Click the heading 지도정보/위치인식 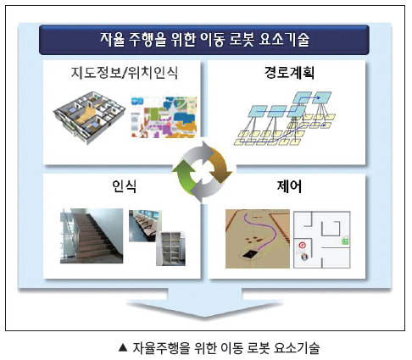[125, 73]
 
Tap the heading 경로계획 [289, 73]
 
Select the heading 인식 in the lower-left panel [124, 186]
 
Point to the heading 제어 [289, 186]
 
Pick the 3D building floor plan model [89, 117]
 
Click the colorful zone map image [164, 117]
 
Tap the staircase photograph [92, 236]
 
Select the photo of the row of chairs [144, 225]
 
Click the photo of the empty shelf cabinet [170, 249]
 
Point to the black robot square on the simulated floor [250, 254]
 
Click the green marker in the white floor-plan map [345, 241]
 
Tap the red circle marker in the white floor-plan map [303, 245]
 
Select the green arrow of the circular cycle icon [184, 175]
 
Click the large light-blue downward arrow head [205, 307]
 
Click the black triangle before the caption [123, 347]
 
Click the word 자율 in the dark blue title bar [112, 40]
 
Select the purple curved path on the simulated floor [261, 231]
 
